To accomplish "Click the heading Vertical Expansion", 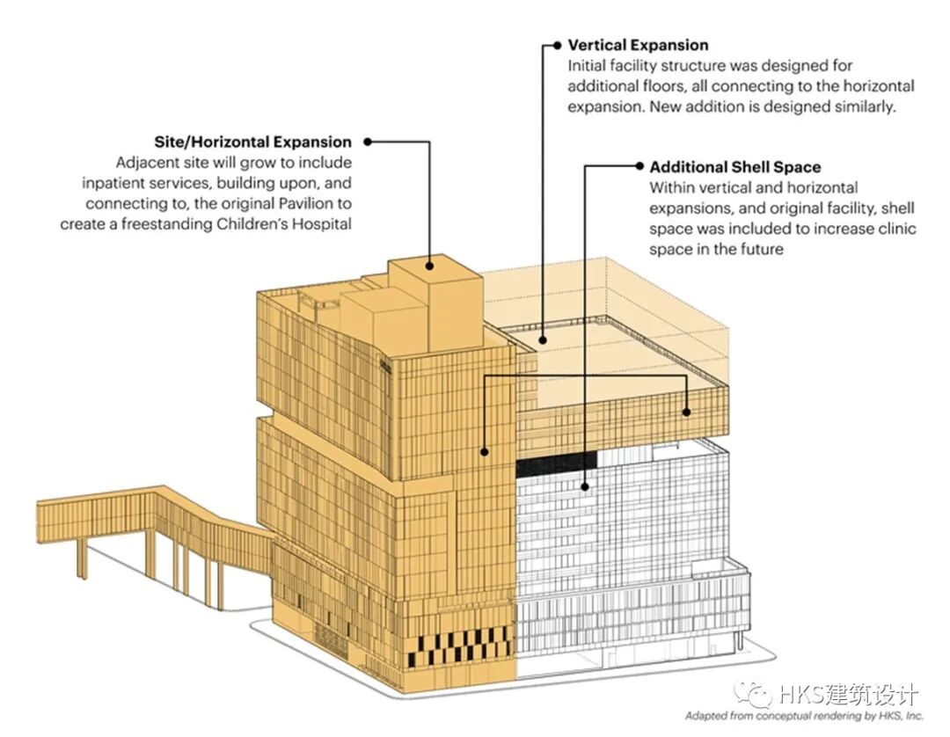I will (x=638, y=45).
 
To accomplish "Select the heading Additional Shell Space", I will (x=735, y=167).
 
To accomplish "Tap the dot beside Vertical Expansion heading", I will (x=556, y=44).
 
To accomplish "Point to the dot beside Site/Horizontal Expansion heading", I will (x=367, y=141).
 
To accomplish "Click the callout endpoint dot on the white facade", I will (x=585, y=484).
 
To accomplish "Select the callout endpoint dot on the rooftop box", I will (x=430, y=262).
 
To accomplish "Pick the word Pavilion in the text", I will (x=294, y=204).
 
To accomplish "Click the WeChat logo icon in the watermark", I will (x=757, y=694).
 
